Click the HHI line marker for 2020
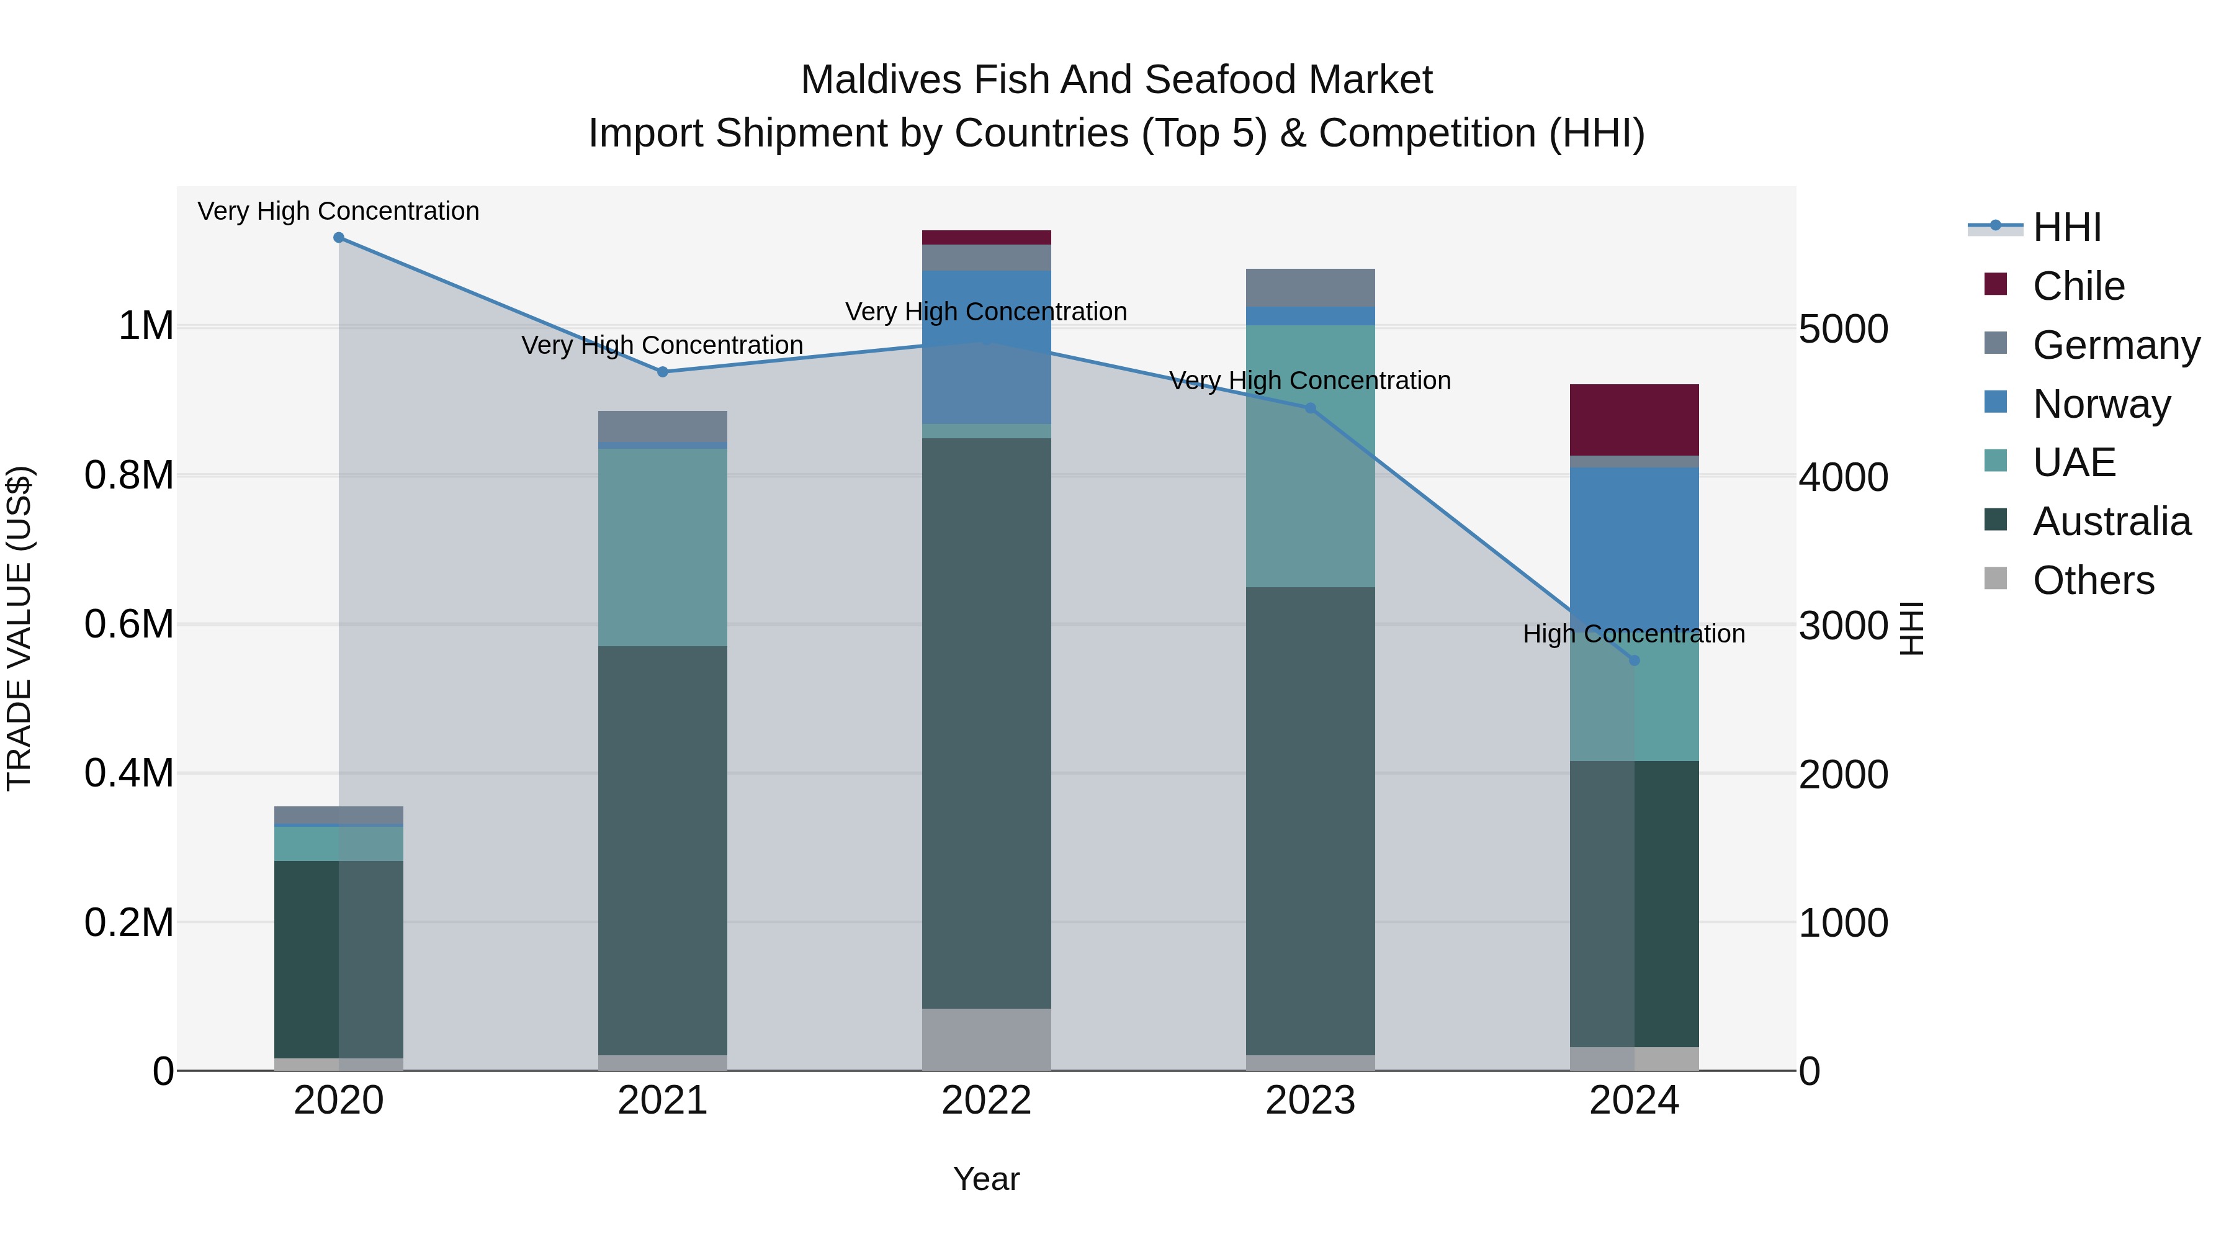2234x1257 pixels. click(x=338, y=238)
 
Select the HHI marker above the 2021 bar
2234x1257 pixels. click(x=663, y=372)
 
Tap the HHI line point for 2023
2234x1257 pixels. click(x=1311, y=408)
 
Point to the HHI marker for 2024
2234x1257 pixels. click(x=1634, y=660)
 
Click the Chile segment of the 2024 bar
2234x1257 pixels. click(x=1634, y=420)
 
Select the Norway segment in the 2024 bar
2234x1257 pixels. click(x=1634, y=546)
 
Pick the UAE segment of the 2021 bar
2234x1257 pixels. click(x=663, y=546)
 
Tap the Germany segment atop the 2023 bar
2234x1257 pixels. click(x=1311, y=287)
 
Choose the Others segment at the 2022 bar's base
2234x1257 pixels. click(x=986, y=1039)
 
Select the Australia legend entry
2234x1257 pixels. click(x=2111, y=521)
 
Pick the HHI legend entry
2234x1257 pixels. click(x=2066, y=227)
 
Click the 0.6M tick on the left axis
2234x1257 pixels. click(x=129, y=624)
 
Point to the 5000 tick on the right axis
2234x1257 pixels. click(x=1843, y=330)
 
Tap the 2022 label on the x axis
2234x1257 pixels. click(x=986, y=1101)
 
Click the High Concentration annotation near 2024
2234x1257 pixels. click(x=1634, y=634)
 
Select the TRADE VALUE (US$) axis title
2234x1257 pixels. click(x=19, y=628)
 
